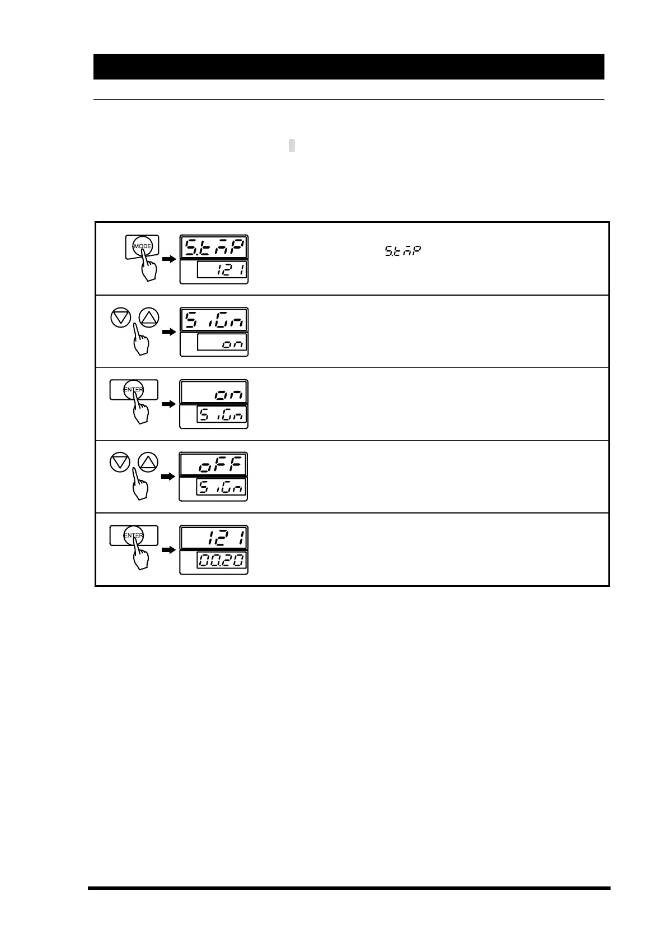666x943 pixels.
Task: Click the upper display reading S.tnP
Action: click(214, 247)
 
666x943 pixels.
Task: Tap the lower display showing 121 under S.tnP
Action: click(222, 272)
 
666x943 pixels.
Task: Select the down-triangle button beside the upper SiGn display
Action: click(121, 319)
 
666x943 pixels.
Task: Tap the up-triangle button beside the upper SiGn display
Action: click(149, 319)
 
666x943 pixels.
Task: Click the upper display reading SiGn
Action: click(214, 320)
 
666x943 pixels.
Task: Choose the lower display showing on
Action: click(222, 344)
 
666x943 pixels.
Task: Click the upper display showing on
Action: click(214, 392)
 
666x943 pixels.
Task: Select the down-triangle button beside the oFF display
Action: click(120, 463)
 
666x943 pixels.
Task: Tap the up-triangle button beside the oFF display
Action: click(148, 463)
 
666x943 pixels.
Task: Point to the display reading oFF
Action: click(214, 465)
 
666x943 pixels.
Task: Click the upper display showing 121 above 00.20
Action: click(214, 538)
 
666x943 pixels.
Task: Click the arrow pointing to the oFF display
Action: click(168, 477)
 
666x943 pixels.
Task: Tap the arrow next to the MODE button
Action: click(169, 259)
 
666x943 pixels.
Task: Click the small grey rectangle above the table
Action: click(292, 146)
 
